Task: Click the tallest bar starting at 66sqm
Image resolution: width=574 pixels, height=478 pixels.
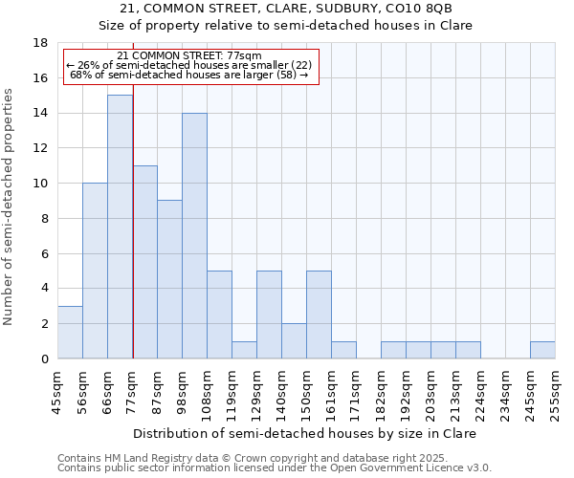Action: tap(120, 227)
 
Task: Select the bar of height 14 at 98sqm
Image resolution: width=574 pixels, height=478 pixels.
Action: tap(194, 235)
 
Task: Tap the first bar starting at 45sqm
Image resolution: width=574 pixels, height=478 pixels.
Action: tap(70, 332)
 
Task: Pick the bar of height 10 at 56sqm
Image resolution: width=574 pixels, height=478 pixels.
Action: tap(95, 271)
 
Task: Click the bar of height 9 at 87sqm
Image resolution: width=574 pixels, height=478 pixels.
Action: tap(169, 279)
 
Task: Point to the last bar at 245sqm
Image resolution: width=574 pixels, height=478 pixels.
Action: tap(542, 350)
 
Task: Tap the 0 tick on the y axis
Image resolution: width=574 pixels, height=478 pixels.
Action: tap(44, 359)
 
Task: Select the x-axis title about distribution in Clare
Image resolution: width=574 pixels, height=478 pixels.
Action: tap(304, 433)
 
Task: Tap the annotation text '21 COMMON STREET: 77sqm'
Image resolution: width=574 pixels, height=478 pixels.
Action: tap(188, 56)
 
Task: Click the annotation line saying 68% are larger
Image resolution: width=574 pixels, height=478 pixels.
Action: tap(188, 75)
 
